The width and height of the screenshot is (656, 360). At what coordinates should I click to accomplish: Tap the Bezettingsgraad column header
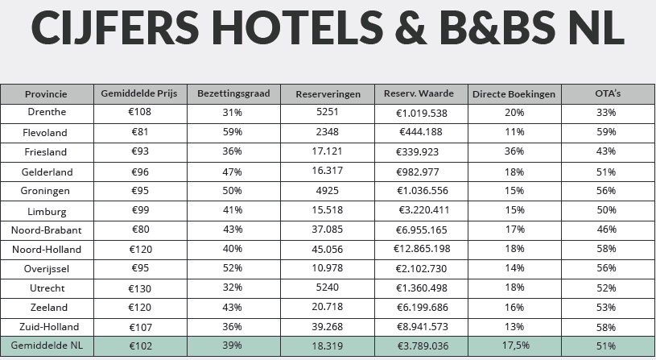point(233,93)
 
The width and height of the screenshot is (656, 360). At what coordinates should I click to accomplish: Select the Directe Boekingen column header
point(514,93)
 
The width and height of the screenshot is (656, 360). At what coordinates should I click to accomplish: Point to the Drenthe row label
point(47,113)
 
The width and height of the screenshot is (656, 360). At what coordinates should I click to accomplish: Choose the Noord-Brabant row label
point(47,230)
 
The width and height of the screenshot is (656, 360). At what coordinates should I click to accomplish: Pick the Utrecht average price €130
point(140,288)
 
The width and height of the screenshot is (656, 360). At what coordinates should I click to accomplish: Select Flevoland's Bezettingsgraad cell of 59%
point(233,132)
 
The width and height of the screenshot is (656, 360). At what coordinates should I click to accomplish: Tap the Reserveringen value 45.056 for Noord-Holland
point(328,249)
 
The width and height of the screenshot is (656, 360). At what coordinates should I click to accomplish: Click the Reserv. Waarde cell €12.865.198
point(422,249)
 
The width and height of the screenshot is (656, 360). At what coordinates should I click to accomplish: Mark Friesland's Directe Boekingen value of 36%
point(514,151)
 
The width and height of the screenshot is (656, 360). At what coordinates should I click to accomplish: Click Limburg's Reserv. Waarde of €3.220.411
point(422,210)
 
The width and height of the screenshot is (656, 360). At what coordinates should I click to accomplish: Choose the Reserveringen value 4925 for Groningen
point(328,191)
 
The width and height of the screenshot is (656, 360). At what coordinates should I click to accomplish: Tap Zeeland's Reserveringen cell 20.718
point(328,308)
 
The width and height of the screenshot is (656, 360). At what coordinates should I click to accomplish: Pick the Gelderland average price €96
point(140,172)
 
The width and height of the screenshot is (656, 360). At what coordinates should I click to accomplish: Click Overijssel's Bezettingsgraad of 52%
point(233,269)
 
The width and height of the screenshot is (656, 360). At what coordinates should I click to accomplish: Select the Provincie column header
point(47,93)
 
